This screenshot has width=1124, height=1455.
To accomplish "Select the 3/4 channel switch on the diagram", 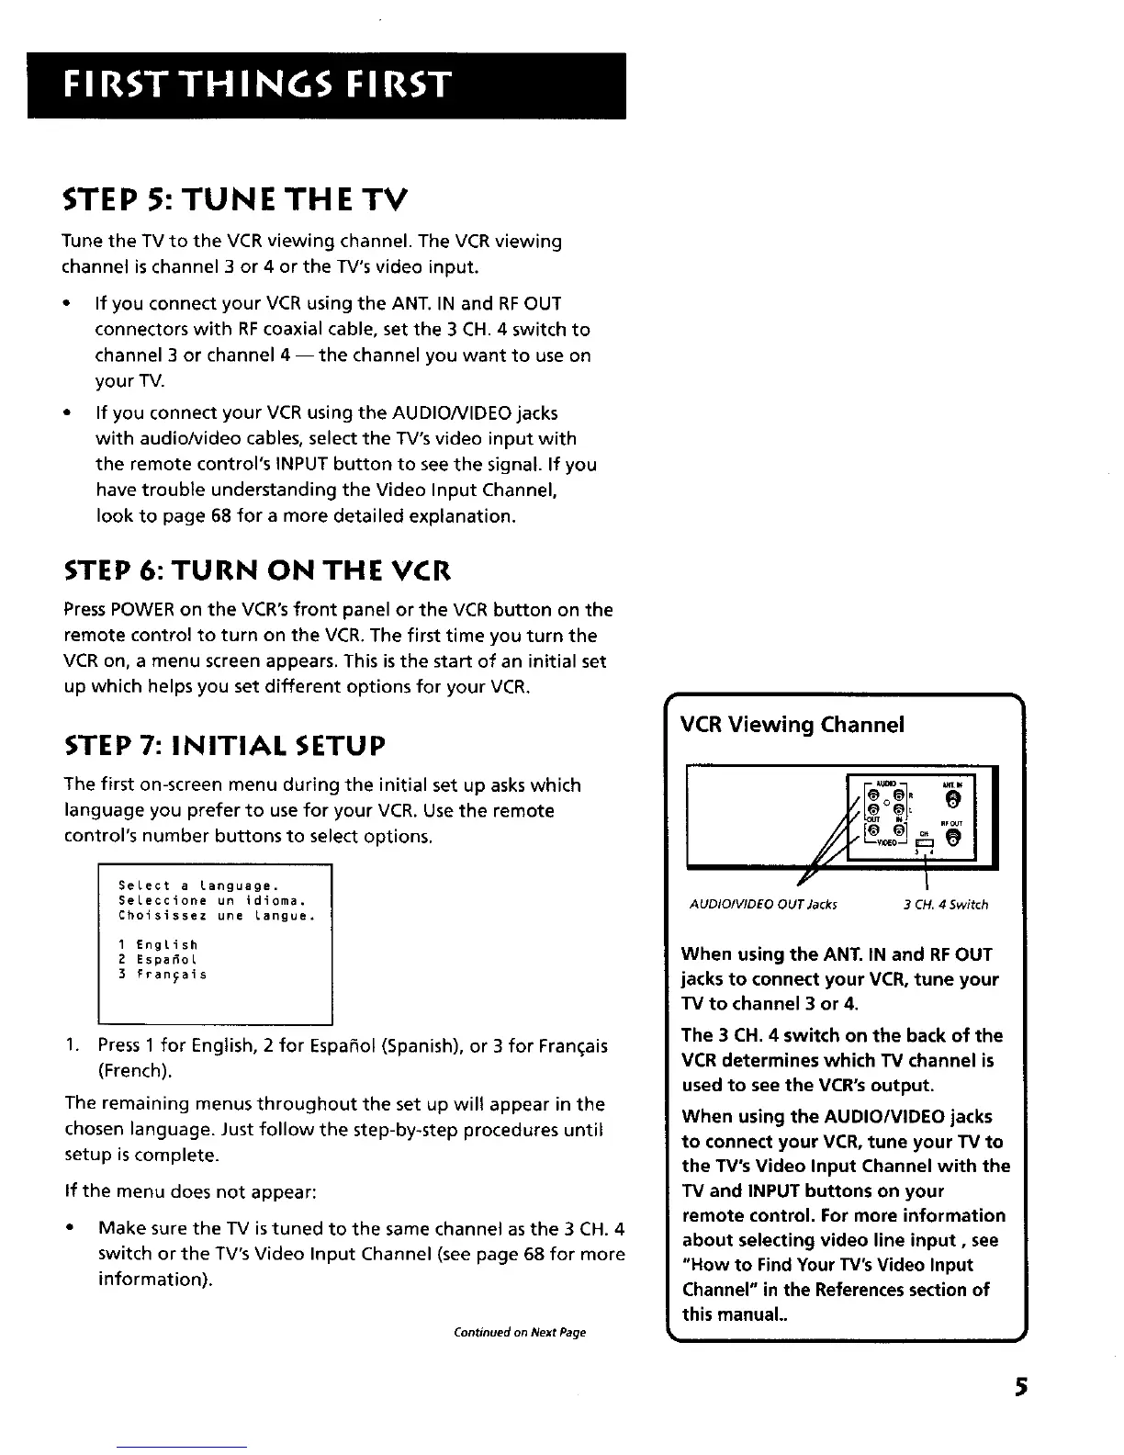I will coord(925,844).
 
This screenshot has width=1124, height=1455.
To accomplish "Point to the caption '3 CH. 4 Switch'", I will coord(945,905).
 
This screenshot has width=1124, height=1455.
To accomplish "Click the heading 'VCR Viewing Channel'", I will coord(792,725).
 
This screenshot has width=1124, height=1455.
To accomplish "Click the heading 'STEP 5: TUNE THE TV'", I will coord(233,197).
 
